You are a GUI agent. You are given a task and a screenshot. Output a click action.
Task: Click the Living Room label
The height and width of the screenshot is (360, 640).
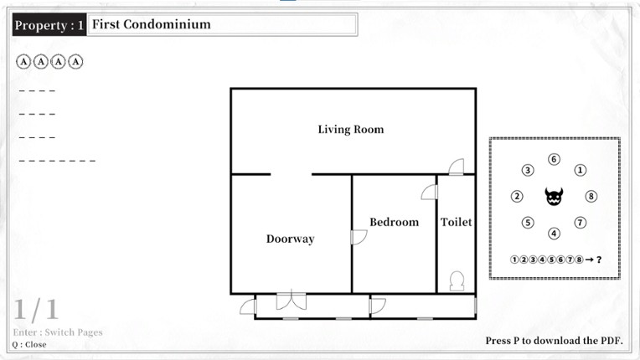(350, 130)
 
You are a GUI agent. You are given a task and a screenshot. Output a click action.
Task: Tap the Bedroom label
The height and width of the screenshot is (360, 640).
(394, 222)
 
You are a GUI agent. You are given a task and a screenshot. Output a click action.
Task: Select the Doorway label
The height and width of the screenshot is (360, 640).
(290, 239)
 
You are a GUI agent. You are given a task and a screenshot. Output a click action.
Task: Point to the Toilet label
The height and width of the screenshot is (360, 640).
(456, 222)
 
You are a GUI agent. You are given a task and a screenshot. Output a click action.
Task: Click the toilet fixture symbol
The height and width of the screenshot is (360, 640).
(457, 281)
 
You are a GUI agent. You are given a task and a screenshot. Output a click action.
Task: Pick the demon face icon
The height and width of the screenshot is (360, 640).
(554, 197)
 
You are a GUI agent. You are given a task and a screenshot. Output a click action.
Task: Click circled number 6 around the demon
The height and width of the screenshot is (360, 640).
(554, 160)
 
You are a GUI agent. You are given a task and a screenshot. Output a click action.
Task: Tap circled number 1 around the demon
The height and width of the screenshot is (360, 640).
(580, 170)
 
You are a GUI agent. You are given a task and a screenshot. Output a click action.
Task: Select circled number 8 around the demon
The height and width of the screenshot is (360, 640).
(591, 197)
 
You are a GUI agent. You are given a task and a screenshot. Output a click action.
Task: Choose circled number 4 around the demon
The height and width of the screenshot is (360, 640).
(554, 234)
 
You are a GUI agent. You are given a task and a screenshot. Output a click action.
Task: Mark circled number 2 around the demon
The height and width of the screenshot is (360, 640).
(517, 197)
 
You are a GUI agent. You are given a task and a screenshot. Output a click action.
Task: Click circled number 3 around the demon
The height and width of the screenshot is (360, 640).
(528, 170)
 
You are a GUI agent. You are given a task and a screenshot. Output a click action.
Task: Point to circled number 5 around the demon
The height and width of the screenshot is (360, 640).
(528, 223)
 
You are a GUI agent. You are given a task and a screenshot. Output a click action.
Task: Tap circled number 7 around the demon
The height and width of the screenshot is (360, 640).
(580, 223)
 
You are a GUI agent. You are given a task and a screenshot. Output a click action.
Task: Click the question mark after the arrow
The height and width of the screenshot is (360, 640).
(599, 260)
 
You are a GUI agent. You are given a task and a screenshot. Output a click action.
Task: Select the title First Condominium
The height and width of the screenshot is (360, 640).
(152, 24)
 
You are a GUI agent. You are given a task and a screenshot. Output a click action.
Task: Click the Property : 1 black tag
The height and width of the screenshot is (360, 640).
(49, 25)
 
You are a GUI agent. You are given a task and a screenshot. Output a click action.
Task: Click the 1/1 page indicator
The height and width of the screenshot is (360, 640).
(36, 311)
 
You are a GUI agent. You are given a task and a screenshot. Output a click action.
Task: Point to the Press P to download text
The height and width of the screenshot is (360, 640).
(553, 342)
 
